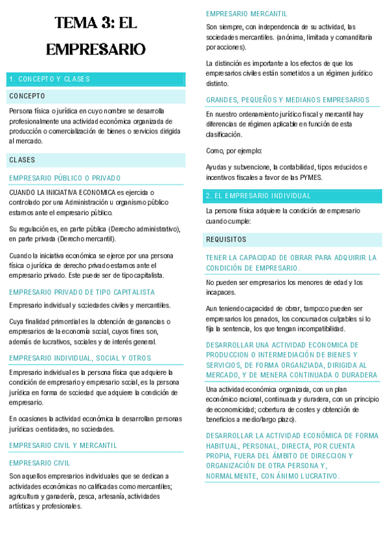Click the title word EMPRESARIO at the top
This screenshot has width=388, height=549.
(x=96, y=49)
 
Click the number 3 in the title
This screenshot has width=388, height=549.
(x=106, y=24)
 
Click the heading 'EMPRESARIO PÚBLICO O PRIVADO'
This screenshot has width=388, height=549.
(x=65, y=178)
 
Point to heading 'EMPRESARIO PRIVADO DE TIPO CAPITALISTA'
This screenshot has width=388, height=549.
(x=82, y=292)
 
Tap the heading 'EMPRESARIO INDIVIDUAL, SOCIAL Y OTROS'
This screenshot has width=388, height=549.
(x=80, y=358)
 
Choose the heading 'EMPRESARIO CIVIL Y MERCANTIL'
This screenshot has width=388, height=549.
(x=63, y=445)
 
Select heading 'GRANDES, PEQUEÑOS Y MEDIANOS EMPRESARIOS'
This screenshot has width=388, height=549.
(x=288, y=100)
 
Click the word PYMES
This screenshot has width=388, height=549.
(x=309, y=177)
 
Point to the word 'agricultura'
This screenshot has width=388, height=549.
(x=27, y=496)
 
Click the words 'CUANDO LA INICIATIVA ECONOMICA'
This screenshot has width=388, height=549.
(x=62, y=192)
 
